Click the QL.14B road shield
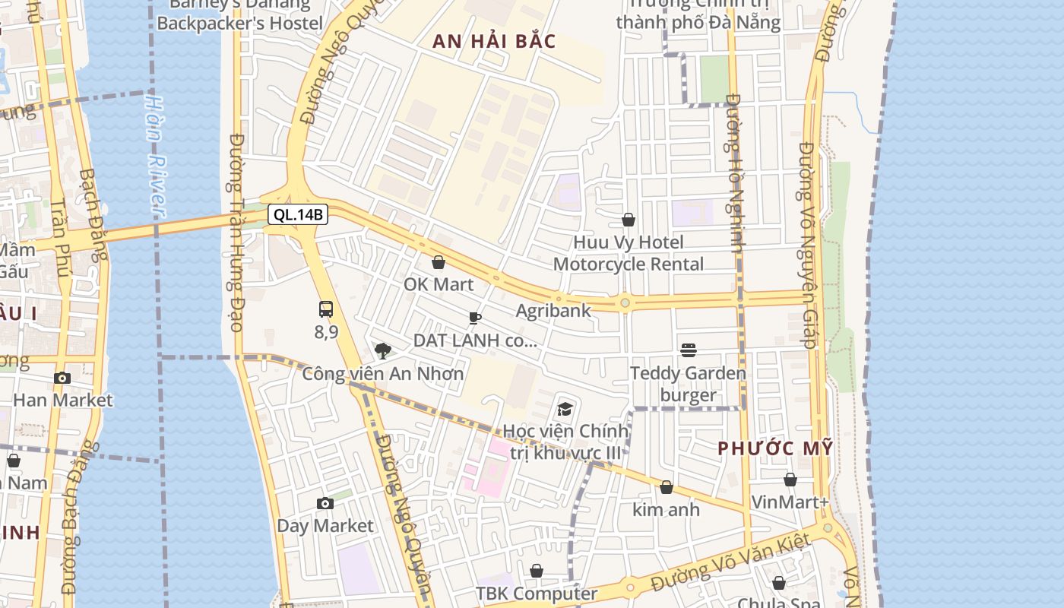tap(299, 215)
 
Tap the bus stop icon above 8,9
tap(326, 309)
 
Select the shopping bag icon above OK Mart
tap(439, 263)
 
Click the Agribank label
tap(553, 310)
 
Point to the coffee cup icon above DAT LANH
tap(475, 318)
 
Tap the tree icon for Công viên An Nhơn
tap(383, 350)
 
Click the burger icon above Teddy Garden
tap(689, 350)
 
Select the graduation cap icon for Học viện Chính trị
tap(565, 409)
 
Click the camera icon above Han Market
tap(62, 378)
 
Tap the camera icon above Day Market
tap(325, 503)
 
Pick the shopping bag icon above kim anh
tap(667, 487)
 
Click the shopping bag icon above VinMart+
tap(790, 480)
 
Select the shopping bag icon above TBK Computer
tap(537, 570)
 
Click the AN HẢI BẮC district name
tap(494, 42)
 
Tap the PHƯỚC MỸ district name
tap(775, 448)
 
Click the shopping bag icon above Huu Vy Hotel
tap(629, 220)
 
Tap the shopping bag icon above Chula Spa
tap(779, 583)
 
